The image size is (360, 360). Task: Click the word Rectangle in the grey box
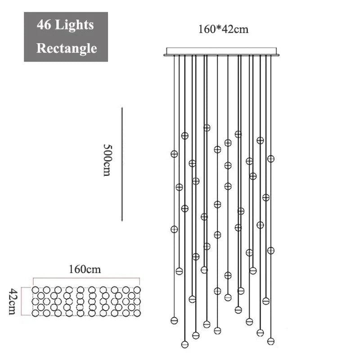point(67,48)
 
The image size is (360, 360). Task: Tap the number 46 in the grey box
point(44,24)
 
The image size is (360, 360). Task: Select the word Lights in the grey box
point(74,25)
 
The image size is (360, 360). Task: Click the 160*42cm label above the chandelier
point(223,29)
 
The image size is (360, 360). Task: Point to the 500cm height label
point(107,160)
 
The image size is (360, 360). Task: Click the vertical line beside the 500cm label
point(122,164)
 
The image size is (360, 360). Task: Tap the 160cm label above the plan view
point(85,269)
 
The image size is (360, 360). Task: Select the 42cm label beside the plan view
point(13,301)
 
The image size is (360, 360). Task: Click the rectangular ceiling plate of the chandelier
point(221,52)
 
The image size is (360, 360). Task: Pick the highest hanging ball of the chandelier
point(207,128)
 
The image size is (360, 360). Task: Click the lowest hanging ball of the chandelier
point(185,344)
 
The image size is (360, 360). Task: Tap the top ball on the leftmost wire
point(174,154)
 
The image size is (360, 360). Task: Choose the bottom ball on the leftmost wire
point(174,320)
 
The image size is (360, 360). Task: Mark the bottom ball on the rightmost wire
point(271,341)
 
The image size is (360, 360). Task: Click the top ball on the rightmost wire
point(271,159)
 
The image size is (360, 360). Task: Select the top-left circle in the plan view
point(35,290)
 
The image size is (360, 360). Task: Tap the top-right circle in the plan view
point(137,290)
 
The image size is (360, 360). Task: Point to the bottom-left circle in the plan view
point(35,313)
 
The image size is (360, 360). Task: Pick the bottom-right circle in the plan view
point(137,313)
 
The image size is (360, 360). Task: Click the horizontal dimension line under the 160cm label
point(86,278)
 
